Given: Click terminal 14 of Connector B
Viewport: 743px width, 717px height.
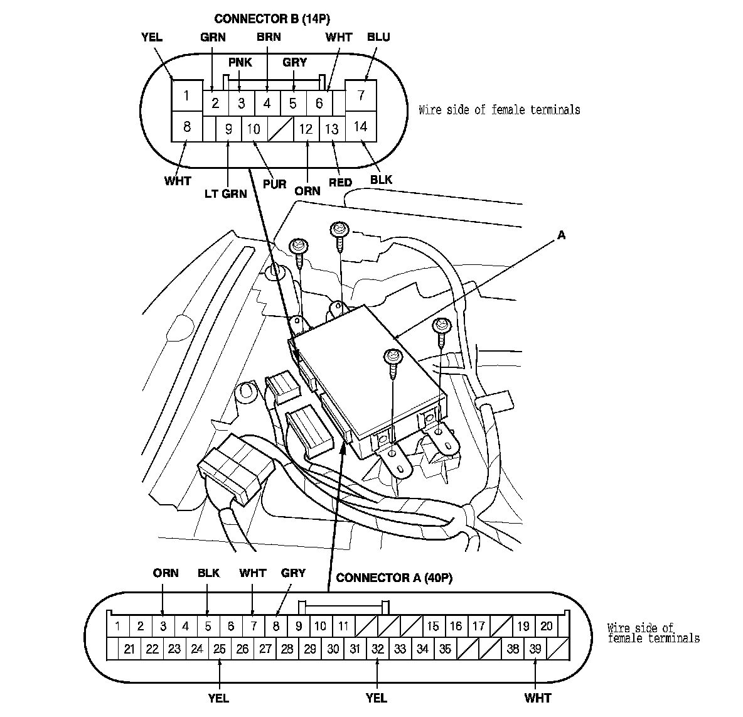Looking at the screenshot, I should click(x=360, y=126).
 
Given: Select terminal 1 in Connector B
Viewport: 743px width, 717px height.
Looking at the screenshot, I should click(x=186, y=96).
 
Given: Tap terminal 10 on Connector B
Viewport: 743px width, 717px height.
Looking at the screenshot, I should click(x=254, y=129).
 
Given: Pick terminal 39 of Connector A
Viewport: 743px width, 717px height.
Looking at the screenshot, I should click(x=535, y=649).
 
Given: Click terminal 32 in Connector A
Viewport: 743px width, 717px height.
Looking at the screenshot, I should click(x=377, y=649).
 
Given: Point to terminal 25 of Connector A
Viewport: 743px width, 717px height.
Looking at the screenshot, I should click(x=219, y=649).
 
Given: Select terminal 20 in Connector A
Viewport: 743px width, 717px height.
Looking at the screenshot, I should click(x=546, y=626).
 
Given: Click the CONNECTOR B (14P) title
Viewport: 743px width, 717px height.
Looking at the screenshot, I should click(x=272, y=19).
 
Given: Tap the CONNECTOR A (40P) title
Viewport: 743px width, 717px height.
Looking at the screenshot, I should click(x=394, y=578).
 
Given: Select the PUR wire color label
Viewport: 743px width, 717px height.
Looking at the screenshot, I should click(x=275, y=185).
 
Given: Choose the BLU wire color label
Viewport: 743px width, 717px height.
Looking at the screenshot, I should click(x=378, y=37).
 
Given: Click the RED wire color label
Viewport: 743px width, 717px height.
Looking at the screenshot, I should click(x=340, y=183).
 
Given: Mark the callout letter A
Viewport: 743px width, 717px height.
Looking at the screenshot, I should click(x=561, y=235).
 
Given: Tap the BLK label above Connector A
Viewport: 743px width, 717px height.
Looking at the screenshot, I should click(x=208, y=573).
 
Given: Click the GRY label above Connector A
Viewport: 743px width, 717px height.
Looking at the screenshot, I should click(x=293, y=573).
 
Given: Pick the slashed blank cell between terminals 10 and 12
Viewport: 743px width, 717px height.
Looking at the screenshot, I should click(x=279, y=129).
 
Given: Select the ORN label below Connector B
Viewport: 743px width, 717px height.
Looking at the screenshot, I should click(x=307, y=191).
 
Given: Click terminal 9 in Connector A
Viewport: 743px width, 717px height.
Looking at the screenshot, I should click(x=299, y=626).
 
